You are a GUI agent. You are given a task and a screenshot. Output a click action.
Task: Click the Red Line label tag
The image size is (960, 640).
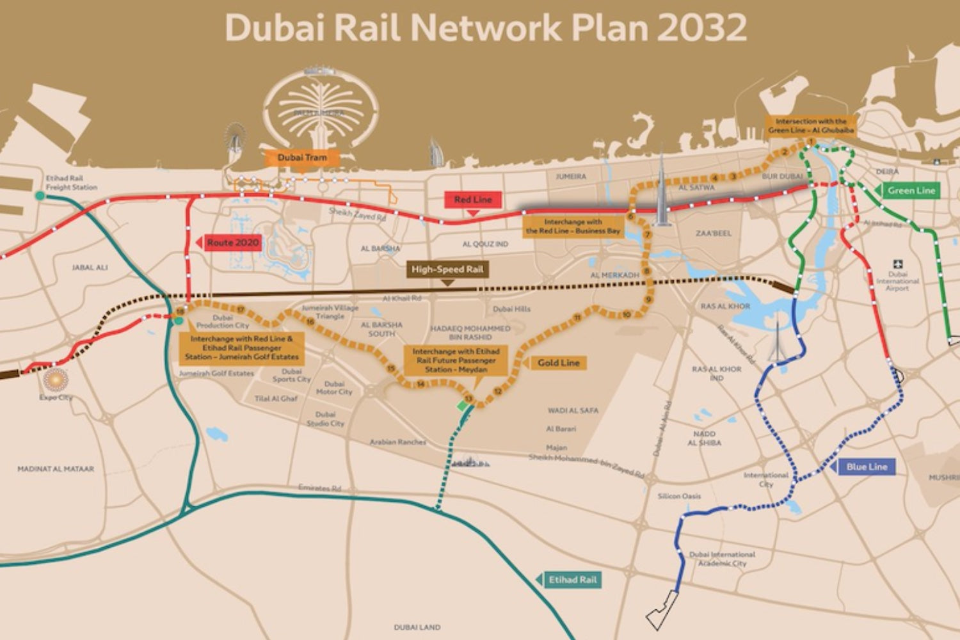click(x=473, y=200)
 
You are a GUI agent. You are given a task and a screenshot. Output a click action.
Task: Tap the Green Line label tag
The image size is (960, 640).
click(x=911, y=190)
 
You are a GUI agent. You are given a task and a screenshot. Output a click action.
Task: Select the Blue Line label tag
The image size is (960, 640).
click(x=867, y=467)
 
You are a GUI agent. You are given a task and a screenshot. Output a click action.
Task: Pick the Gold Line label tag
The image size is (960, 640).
click(x=558, y=363)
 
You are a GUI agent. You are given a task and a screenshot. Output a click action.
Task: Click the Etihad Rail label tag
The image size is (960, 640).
click(x=572, y=580)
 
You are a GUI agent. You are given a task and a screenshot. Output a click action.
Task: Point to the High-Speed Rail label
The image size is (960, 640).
click(x=447, y=269)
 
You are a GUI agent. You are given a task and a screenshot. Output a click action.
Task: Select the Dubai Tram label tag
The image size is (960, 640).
click(x=302, y=157)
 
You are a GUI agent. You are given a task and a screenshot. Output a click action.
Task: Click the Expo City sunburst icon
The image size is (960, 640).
click(x=55, y=379)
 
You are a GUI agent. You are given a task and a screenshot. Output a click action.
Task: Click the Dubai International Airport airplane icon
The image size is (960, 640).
click(x=897, y=264)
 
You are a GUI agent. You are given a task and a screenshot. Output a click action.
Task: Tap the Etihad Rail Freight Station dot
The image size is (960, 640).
click(x=40, y=196)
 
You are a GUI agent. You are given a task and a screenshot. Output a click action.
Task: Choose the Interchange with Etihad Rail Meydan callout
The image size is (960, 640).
click(x=455, y=360)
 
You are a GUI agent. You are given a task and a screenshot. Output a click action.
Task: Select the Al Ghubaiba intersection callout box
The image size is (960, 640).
click(x=811, y=125)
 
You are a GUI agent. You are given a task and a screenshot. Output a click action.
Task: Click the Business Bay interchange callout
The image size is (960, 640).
click(x=573, y=227)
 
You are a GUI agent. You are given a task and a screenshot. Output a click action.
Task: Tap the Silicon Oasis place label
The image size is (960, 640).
click(x=679, y=496)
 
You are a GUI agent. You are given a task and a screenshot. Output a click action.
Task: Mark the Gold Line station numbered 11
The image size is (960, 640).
click(x=577, y=317)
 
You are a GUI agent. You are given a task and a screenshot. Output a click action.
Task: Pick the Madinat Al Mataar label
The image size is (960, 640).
click(x=56, y=469)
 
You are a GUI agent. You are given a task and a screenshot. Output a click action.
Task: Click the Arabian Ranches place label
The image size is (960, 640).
click(x=397, y=442)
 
